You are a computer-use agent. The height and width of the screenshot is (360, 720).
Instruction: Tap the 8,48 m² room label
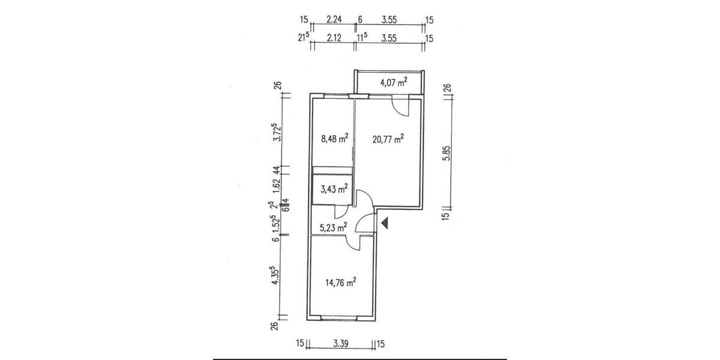point(335,139)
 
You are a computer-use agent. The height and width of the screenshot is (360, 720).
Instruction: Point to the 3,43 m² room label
point(334,190)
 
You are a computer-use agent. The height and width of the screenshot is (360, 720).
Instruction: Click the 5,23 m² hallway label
point(334,227)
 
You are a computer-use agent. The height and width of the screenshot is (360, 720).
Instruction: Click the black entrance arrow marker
point(386,223)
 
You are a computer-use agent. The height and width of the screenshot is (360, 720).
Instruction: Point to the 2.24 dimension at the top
point(334,20)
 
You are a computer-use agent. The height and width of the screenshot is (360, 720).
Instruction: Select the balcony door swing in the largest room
point(400,107)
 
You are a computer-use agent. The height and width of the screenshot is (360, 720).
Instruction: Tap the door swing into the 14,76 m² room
point(355,242)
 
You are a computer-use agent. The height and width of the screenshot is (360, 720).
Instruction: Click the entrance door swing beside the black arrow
point(364,224)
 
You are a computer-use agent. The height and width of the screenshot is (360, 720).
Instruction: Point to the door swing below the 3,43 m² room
point(340,211)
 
